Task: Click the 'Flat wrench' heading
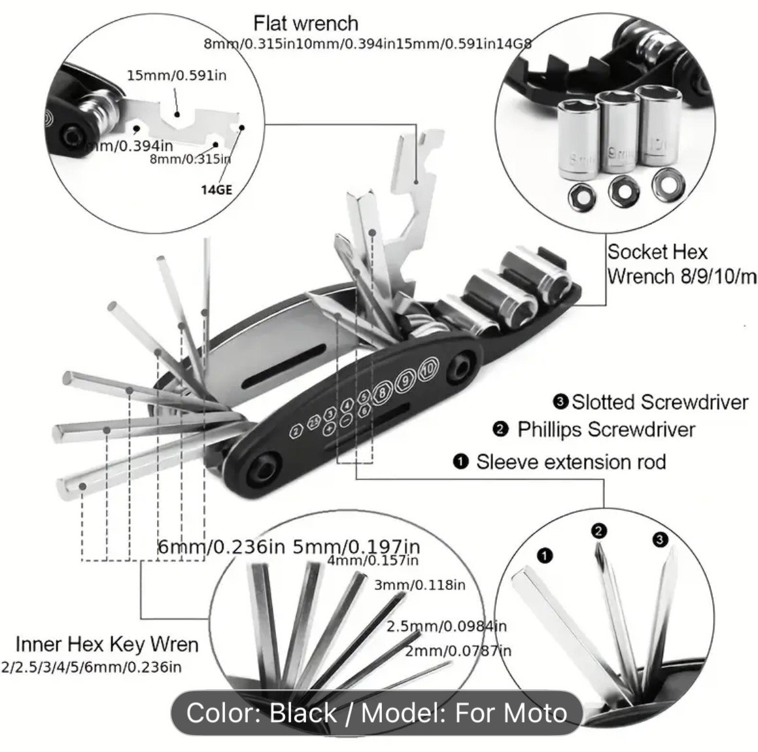pos(305,24)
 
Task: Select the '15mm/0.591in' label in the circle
pos(177,75)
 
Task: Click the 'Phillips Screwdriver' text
pos(606,430)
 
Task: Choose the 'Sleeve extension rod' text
pos(570,462)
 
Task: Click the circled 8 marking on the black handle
pos(382,393)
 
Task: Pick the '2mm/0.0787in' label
pos(458,650)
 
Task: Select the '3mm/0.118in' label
pos(419,584)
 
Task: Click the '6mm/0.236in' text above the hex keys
pos(222,546)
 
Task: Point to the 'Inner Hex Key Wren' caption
pos(107,644)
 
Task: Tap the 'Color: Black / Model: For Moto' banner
pos(376,712)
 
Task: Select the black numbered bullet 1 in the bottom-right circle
pos(544,556)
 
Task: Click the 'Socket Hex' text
pos(657,252)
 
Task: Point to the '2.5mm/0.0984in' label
pos(447,626)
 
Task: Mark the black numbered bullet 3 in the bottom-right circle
pos(659,539)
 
